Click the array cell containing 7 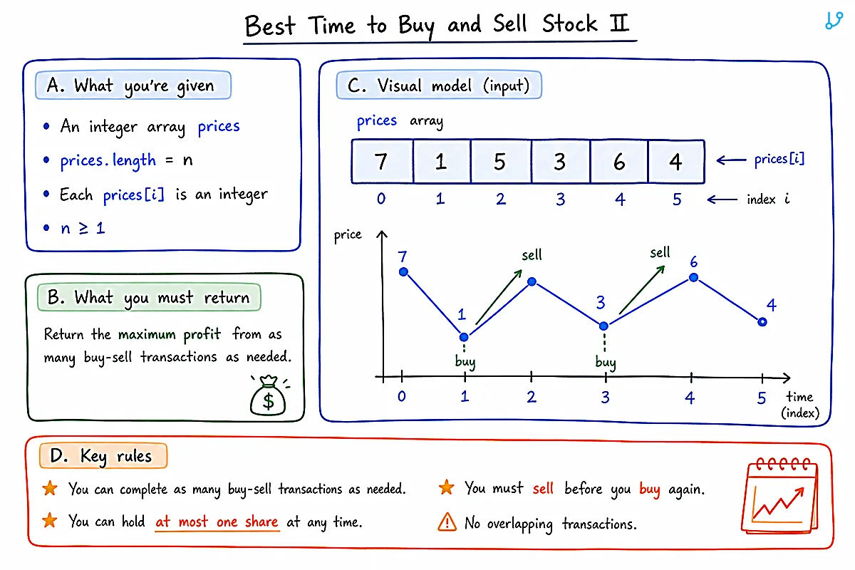(x=383, y=162)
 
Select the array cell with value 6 (x=619, y=162)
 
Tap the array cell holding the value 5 (x=501, y=162)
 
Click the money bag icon (x=269, y=395)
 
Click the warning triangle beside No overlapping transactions (x=447, y=522)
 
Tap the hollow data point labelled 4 (x=762, y=322)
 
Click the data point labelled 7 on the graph (x=403, y=272)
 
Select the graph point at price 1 (x=464, y=337)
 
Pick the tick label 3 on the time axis (x=606, y=398)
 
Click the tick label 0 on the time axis (x=402, y=396)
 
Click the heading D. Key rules (x=103, y=455)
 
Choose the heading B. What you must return (x=149, y=297)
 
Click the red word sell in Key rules (x=543, y=488)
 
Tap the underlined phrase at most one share (x=217, y=522)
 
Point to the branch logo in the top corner (x=834, y=21)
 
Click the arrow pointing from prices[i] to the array (x=731, y=160)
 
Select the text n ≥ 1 (x=83, y=228)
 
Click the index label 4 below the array (x=620, y=199)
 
